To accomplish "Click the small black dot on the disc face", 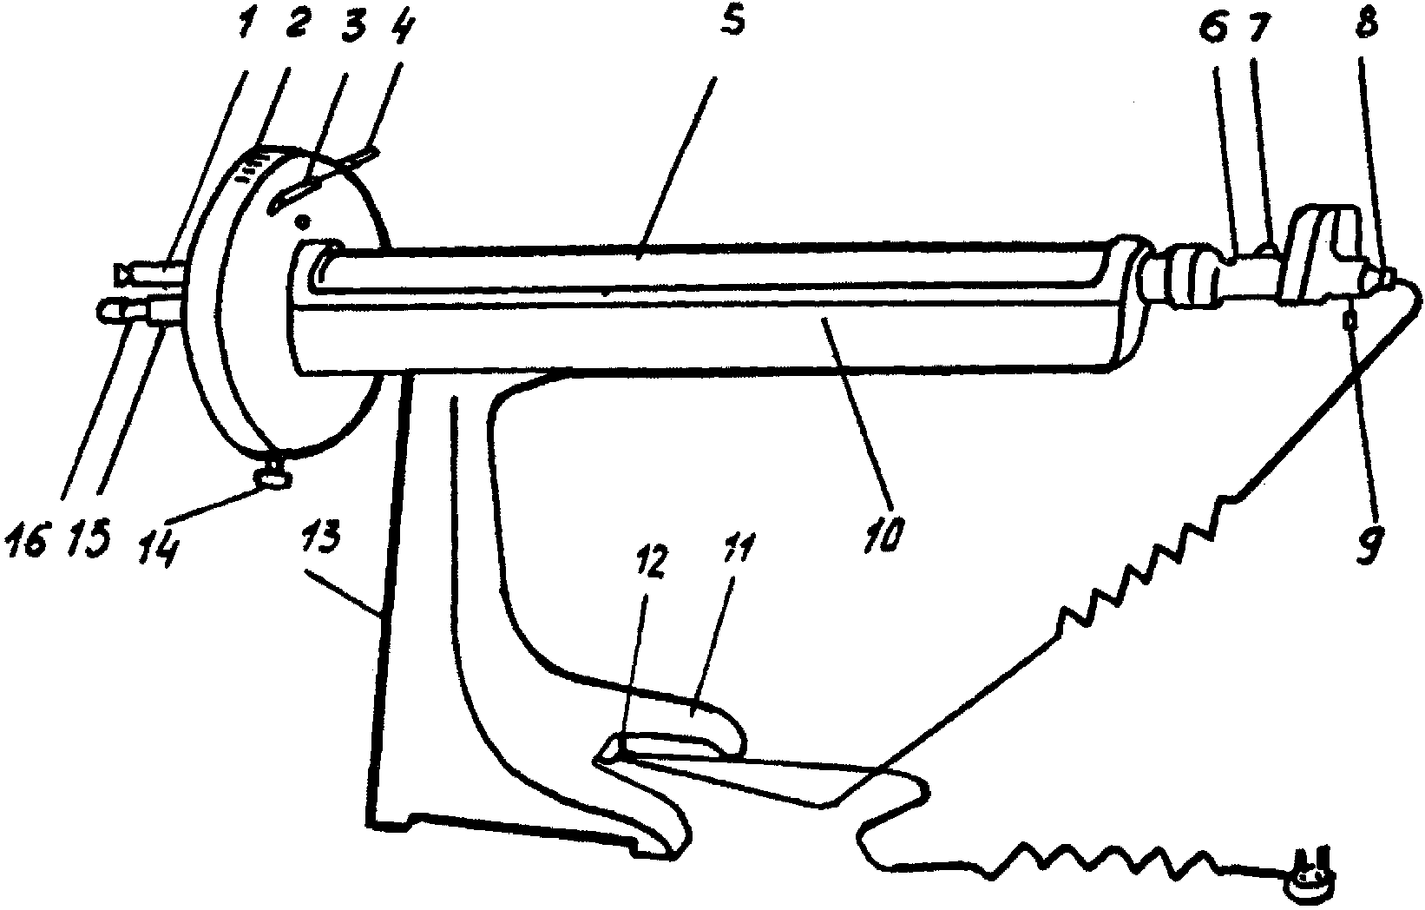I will click(x=302, y=221).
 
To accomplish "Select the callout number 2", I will click(x=293, y=24).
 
